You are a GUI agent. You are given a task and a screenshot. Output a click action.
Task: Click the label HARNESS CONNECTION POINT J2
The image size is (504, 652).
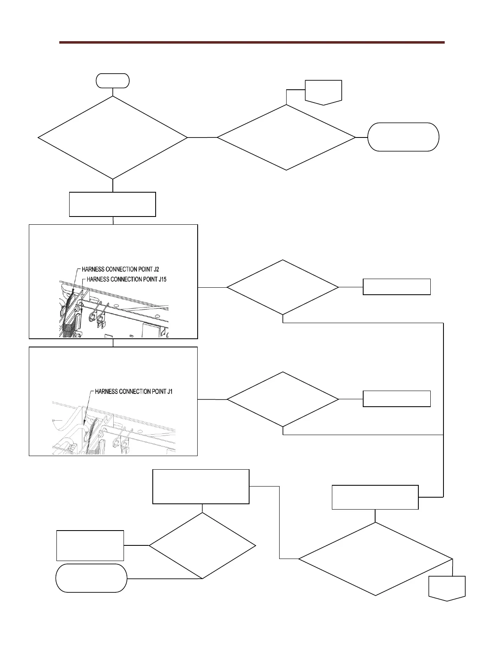click(120, 269)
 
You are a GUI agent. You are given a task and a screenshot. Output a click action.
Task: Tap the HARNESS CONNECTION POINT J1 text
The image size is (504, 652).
click(133, 391)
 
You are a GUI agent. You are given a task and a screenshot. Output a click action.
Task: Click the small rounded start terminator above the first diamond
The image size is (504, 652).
click(112, 81)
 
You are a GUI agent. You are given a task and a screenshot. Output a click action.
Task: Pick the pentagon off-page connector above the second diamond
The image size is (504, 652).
click(323, 92)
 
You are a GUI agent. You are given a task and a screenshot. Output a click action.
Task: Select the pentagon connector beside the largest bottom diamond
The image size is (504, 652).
click(447, 588)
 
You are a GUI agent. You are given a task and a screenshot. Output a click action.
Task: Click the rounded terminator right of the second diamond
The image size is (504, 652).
click(403, 137)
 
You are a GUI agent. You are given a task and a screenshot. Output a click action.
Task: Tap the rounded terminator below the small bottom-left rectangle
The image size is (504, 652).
click(91, 578)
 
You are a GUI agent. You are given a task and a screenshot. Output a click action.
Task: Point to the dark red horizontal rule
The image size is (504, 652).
click(252, 42)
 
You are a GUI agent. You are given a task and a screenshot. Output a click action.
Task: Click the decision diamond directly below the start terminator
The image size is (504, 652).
click(112, 137)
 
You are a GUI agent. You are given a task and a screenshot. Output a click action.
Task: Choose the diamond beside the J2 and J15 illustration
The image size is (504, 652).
click(282, 287)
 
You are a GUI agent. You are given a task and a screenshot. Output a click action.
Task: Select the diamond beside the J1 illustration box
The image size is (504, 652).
click(282, 399)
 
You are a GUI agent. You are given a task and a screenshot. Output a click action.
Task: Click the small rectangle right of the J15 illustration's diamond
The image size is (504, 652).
click(397, 287)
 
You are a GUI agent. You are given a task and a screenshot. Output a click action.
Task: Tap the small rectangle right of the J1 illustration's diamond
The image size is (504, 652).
click(397, 399)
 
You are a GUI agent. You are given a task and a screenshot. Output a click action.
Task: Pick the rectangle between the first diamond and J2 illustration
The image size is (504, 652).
click(112, 204)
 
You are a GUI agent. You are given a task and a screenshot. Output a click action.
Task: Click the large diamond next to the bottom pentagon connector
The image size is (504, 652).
click(375, 559)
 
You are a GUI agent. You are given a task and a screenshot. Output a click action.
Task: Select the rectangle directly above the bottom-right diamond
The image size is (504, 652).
click(375, 497)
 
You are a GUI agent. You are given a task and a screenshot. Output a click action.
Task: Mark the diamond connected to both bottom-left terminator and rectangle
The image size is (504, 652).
click(202, 546)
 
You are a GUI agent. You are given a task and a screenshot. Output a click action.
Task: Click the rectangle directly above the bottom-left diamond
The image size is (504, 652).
click(201, 487)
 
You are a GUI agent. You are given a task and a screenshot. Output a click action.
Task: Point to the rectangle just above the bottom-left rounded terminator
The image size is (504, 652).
click(90, 546)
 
